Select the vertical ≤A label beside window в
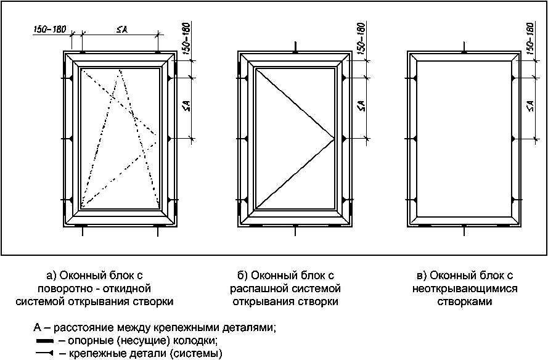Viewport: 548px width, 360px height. (x=530, y=106)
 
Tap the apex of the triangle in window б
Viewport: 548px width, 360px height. (x=335, y=138)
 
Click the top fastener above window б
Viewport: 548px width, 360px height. (x=296, y=48)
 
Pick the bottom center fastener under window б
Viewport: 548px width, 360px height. (x=296, y=231)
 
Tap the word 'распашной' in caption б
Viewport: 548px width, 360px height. (x=264, y=288)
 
